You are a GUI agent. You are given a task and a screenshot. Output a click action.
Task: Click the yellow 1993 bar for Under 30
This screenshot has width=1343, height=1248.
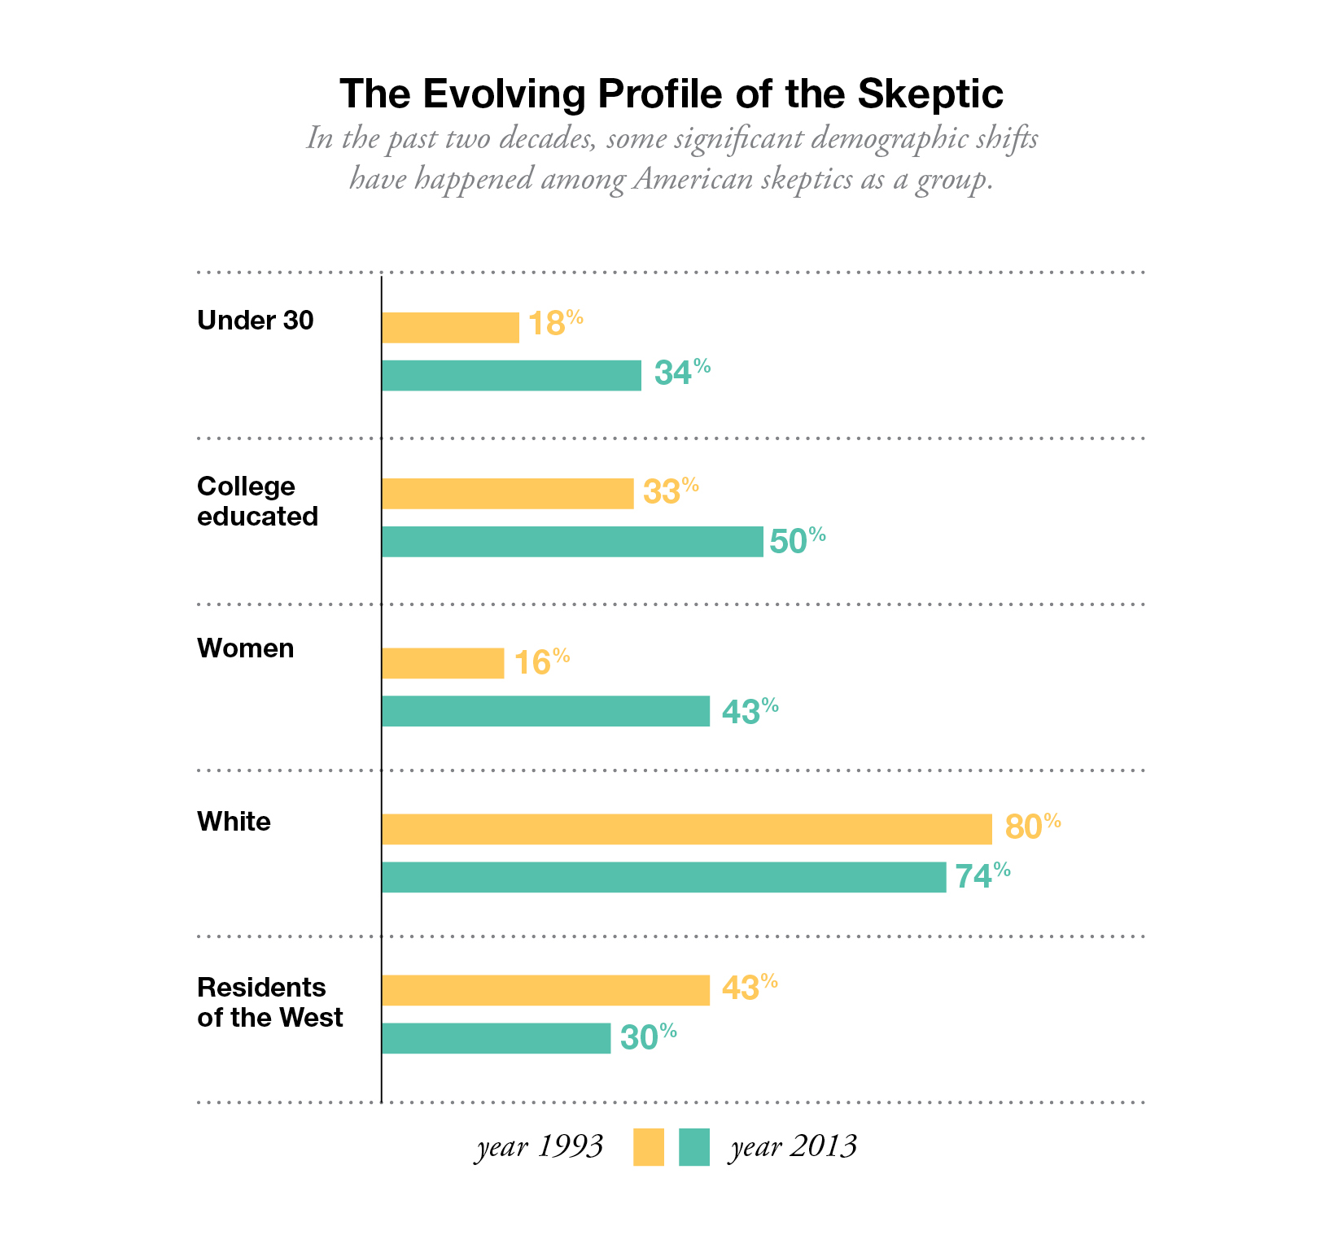[x=450, y=328]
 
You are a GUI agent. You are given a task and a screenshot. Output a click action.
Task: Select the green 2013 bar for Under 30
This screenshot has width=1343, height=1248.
[x=511, y=376]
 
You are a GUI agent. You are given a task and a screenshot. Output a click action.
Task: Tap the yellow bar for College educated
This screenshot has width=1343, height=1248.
[x=507, y=494]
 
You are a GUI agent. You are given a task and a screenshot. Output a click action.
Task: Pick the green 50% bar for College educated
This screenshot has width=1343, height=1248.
[x=572, y=542]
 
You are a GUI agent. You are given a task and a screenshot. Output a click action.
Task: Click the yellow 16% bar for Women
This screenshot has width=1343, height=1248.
[x=443, y=663]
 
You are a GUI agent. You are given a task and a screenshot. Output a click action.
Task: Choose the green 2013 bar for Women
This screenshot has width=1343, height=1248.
[x=545, y=711]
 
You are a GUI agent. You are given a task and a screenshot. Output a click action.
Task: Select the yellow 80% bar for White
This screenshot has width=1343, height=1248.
[x=686, y=829]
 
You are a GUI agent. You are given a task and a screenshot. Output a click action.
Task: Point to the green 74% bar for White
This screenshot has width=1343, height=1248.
[x=663, y=877]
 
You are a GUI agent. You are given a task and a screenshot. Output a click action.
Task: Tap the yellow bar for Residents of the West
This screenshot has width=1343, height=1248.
[x=545, y=990]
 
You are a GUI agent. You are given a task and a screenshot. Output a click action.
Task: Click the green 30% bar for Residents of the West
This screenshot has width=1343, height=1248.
[x=496, y=1038]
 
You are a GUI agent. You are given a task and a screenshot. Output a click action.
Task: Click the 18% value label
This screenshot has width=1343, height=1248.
[x=555, y=323]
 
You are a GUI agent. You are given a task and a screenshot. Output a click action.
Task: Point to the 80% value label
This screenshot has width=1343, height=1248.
[x=1033, y=826]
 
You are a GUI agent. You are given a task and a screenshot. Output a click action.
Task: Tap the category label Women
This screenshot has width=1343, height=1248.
[x=246, y=648]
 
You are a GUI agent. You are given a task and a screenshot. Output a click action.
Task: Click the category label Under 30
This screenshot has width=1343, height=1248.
[x=256, y=321]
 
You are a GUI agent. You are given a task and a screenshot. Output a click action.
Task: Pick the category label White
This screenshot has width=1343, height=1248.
[x=234, y=822]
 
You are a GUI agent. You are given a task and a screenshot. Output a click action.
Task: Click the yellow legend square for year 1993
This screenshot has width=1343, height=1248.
[x=649, y=1147]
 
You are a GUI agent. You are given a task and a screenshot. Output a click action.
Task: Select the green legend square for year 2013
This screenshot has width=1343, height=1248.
[x=694, y=1147]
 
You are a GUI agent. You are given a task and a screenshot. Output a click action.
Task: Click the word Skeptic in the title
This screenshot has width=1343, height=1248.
[x=930, y=94]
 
